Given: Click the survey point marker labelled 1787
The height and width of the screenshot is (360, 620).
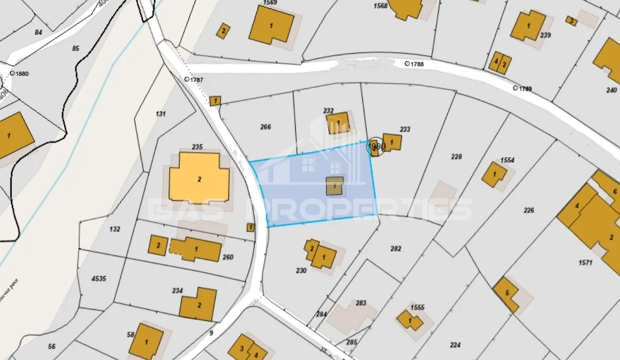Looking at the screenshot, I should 187,79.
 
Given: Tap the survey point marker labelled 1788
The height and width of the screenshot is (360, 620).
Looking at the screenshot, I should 407,63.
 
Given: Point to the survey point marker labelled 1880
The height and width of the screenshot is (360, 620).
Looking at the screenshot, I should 12,73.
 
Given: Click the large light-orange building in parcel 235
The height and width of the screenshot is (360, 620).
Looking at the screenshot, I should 199,177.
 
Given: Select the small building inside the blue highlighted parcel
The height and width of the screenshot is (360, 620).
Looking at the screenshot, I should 335,186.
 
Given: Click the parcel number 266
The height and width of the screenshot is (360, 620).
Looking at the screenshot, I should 266,127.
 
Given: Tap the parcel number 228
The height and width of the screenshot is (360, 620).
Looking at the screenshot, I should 457,156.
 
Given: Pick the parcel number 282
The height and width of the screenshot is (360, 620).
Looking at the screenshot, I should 396,248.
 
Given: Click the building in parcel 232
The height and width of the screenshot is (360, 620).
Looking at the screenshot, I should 337,123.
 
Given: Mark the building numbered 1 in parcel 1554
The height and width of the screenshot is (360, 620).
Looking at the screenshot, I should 494,174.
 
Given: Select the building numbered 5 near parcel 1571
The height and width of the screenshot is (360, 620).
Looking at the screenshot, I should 506,294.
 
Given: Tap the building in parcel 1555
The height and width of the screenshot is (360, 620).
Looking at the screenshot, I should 410,320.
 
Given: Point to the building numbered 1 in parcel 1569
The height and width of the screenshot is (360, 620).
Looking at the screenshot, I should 272,25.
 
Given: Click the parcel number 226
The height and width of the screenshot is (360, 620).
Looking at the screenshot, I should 529,210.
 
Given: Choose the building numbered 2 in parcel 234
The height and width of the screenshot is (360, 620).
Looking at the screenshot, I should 198,304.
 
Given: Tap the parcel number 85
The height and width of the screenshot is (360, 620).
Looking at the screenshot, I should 75,48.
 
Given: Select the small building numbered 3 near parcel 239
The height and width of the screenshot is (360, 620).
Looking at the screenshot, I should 570,21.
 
